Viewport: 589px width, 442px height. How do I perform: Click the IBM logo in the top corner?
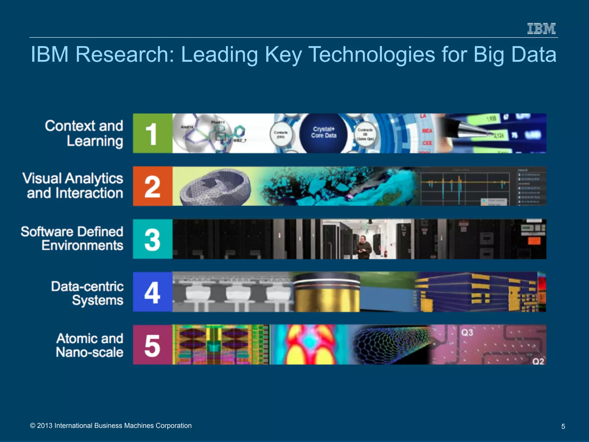[x=541, y=28]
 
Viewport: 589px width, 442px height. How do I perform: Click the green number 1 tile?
[x=152, y=133]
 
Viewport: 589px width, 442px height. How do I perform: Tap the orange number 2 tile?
[x=152, y=186]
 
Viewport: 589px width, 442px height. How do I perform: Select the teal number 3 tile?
[x=152, y=239]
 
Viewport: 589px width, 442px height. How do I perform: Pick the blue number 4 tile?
[x=152, y=292]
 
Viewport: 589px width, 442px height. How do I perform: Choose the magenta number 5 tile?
[x=152, y=345]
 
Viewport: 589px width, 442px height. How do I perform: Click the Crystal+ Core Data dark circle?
[x=324, y=133]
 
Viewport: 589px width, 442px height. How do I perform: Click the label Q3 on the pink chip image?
[x=467, y=333]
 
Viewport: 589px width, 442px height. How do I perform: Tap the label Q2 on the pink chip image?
[x=538, y=361]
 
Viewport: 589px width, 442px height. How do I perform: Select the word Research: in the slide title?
[x=125, y=54]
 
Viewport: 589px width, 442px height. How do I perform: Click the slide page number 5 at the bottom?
[x=563, y=426]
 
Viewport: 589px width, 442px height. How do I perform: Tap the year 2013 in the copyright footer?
[x=45, y=426]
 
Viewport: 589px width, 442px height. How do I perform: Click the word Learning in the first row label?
[x=95, y=141]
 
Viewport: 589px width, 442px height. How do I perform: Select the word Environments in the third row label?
[x=83, y=245]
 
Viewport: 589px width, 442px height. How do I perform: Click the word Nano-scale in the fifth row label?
[x=90, y=352]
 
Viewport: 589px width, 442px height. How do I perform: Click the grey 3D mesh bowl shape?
[x=215, y=186]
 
